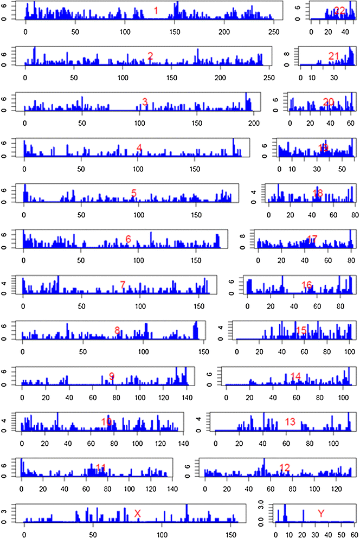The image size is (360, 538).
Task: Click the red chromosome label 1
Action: (156, 11)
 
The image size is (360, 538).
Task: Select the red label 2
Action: (150, 55)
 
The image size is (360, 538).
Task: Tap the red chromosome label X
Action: (138, 513)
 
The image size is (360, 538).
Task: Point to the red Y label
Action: (322, 513)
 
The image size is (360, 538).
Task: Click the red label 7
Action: (123, 285)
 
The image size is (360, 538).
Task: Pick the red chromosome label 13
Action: (290, 421)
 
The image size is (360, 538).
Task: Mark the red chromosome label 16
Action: (307, 285)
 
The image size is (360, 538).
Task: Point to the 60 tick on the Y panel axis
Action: (354, 534)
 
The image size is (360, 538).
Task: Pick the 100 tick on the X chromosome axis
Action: (162, 534)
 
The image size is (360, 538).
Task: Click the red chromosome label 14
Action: (295, 376)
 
